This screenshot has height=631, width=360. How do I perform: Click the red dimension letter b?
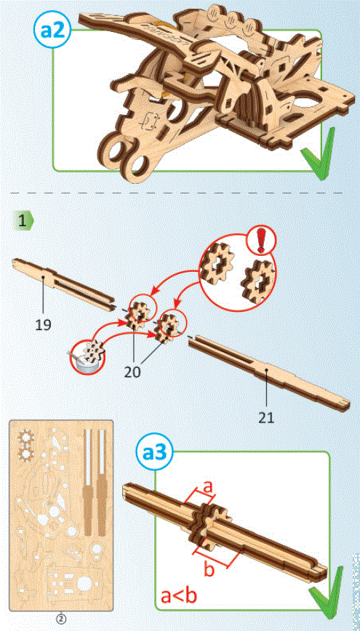tap(208, 571)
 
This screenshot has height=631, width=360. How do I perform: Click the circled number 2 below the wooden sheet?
tap(62, 619)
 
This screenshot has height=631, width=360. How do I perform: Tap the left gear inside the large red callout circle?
tap(218, 268)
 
